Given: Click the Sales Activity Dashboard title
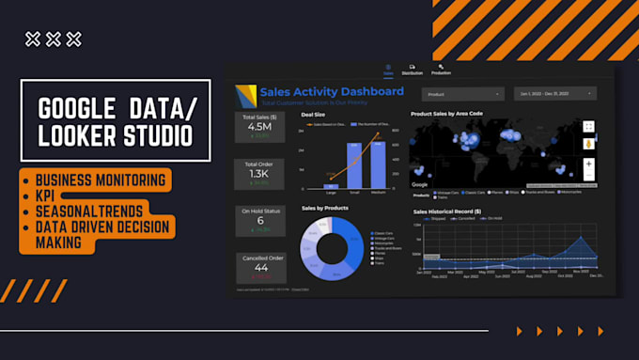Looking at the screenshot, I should pyautogui.click(x=333, y=91).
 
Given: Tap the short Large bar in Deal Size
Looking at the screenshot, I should pyautogui.click(x=330, y=185).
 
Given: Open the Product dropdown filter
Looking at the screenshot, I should pyautogui.click(x=462, y=94).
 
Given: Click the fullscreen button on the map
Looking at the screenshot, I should pyautogui.click(x=589, y=125).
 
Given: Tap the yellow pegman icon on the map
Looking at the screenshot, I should pyautogui.click(x=589, y=144).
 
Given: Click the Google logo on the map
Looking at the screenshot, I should pyautogui.click(x=420, y=185).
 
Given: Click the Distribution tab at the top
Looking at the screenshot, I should pyautogui.click(x=412, y=71).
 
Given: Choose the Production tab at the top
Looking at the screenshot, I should pyautogui.click(x=442, y=71).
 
